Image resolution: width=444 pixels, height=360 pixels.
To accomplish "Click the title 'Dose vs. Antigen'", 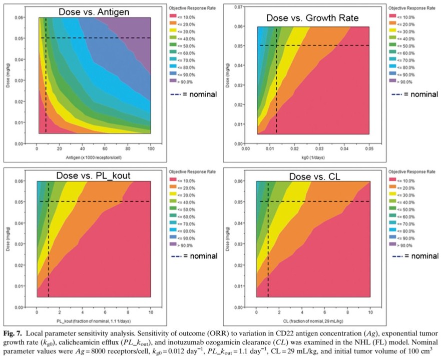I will click(94, 12).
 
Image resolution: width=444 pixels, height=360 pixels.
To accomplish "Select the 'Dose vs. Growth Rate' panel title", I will click(312, 18).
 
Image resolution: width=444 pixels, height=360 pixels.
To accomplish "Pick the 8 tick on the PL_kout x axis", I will click(128, 312).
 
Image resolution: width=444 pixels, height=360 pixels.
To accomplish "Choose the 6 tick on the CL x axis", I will click(325, 312).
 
